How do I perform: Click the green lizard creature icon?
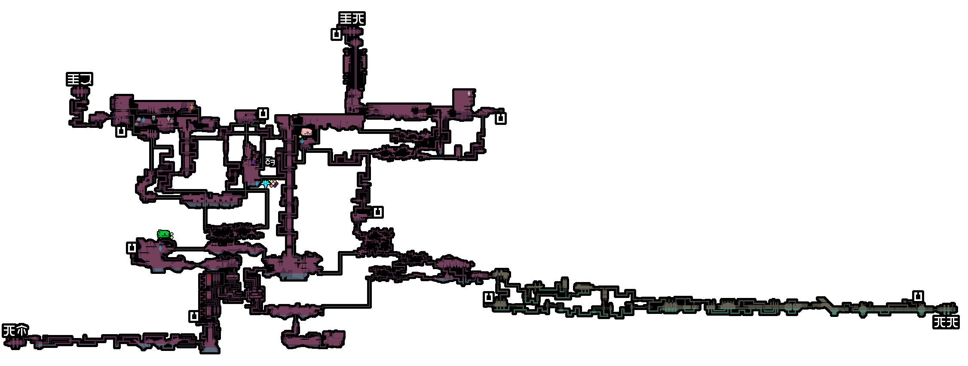(164, 234)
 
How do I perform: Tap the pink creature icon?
(306, 132)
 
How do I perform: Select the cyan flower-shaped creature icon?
(266, 184)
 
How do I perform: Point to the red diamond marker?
(209, 278)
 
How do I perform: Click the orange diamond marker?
(192, 107)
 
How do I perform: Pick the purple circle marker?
(254, 162)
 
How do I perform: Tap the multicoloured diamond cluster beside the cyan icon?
(273, 183)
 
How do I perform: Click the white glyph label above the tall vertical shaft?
(352, 19)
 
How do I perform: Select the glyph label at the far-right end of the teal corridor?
(946, 322)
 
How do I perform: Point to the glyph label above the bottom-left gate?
(15, 331)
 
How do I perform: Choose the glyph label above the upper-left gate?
(80, 79)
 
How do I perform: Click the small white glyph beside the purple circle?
(270, 162)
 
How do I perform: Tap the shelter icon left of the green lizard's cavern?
(132, 248)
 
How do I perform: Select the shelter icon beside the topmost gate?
(337, 34)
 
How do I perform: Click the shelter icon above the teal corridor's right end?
(918, 296)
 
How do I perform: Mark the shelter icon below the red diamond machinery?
(194, 316)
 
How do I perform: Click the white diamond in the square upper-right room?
(469, 93)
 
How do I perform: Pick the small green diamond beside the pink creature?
(300, 137)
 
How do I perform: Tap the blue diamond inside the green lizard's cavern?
(160, 248)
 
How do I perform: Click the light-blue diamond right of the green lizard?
(172, 234)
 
